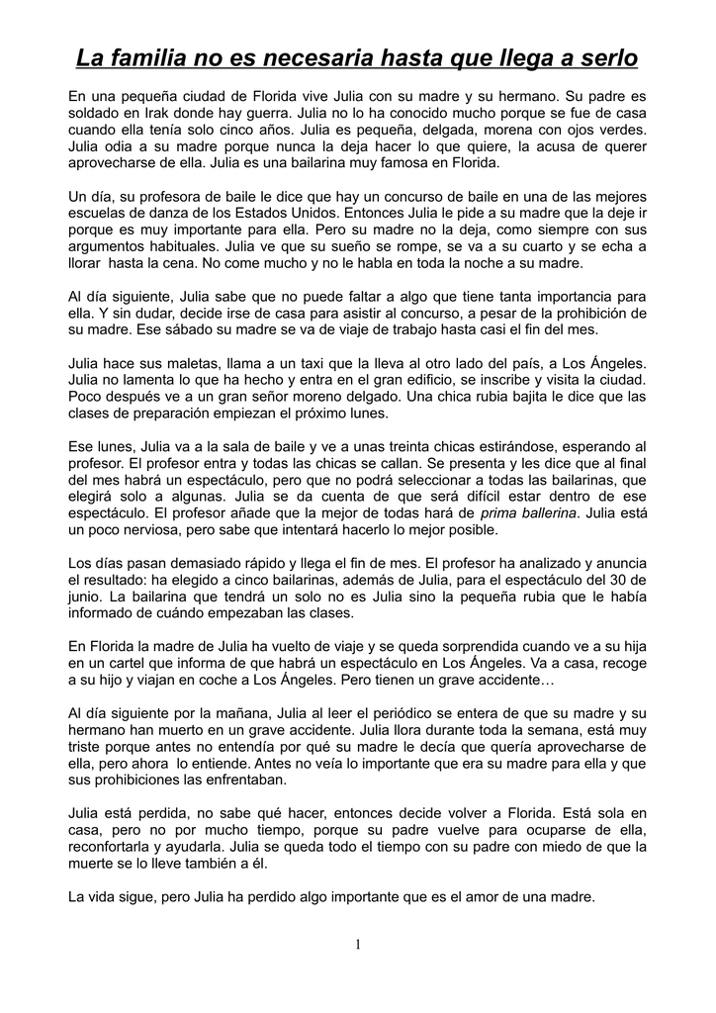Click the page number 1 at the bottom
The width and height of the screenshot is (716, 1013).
(x=358, y=945)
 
